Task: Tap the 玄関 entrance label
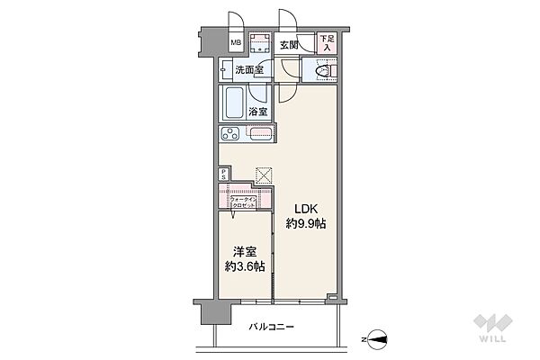pyautogui.click(x=289, y=44)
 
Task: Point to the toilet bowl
pyautogui.click(x=325, y=71)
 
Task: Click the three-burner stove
pyautogui.click(x=230, y=134)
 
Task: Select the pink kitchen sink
pyautogui.click(x=259, y=134)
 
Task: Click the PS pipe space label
pyautogui.click(x=223, y=176)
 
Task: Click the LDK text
pyautogui.click(x=300, y=205)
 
